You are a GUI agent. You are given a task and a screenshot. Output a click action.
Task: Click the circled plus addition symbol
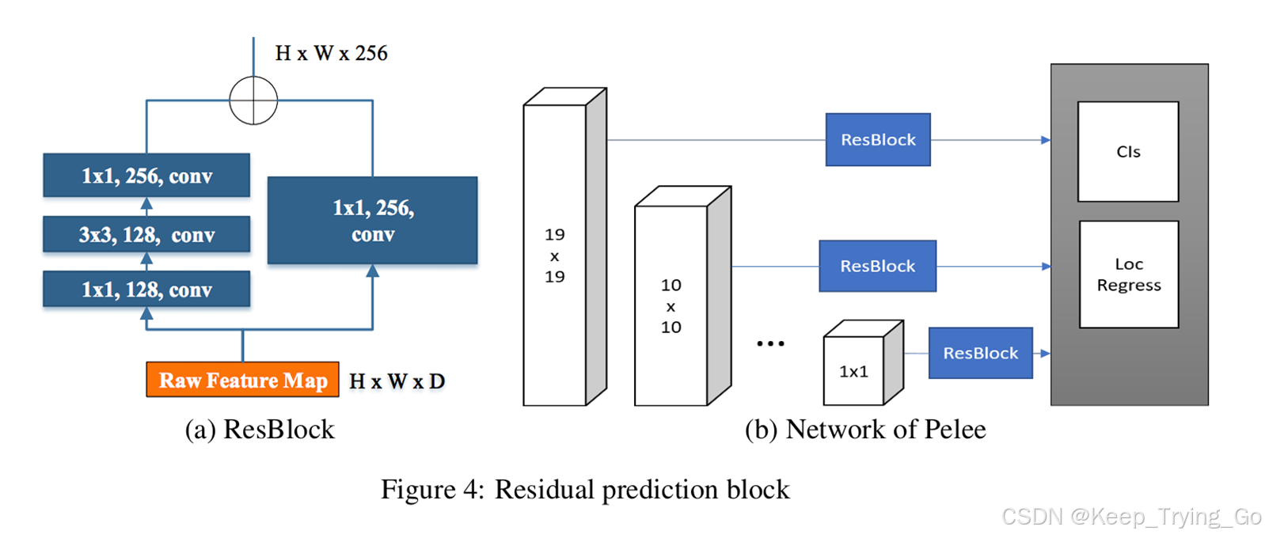pyautogui.click(x=253, y=100)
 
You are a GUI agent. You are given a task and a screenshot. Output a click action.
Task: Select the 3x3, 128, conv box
pyautogui.click(x=146, y=235)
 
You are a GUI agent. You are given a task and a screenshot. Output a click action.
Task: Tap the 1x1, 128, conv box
pyautogui.click(x=146, y=290)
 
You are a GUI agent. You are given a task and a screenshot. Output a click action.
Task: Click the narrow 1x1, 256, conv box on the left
pyautogui.click(x=146, y=176)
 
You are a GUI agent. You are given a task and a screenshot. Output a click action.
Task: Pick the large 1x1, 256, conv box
pyautogui.click(x=372, y=221)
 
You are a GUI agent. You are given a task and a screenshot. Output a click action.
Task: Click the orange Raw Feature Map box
pyautogui.click(x=242, y=380)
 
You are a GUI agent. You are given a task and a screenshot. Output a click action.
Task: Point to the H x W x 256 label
pyautogui.click(x=331, y=53)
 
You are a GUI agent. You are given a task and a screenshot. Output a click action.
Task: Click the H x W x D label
pyautogui.click(x=397, y=381)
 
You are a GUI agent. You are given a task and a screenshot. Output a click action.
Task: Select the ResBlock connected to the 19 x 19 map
pyautogui.click(x=877, y=140)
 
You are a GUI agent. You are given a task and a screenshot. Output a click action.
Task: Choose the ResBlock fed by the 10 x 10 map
pyautogui.click(x=877, y=267)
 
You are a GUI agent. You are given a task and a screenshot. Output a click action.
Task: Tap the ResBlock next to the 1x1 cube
pyautogui.click(x=980, y=354)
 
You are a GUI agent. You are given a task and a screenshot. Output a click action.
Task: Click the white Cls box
pyautogui.click(x=1127, y=152)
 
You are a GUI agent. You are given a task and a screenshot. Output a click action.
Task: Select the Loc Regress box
pyautogui.click(x=1128, y=275)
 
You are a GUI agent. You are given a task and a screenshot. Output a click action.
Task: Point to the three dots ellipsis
pyautogui.click(x=769, y=343)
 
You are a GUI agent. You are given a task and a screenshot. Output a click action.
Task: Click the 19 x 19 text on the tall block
pyautogui.click(x=554, y=256)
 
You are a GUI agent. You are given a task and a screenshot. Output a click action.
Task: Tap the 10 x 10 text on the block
pyautogui.click(x=670, y=306)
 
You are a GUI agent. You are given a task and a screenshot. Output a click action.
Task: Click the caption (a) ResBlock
pyautogui.click(x=260, y=430)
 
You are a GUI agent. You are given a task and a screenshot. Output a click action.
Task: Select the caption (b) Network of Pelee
pyautogui.click(x=864, y=430)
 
